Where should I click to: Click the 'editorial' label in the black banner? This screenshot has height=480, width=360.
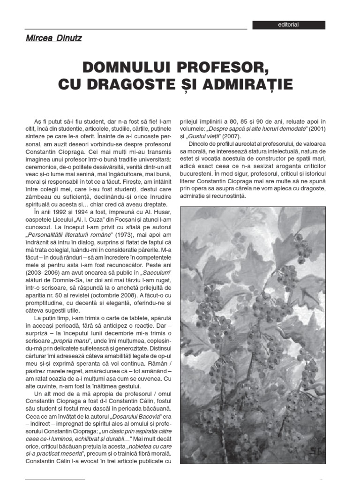click(288, 25)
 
